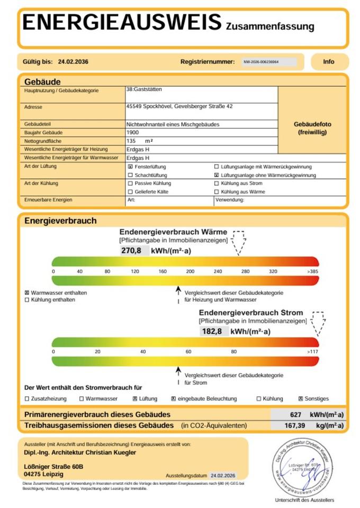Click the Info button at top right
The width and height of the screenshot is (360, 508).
pyautogui.click(x=329, y=62)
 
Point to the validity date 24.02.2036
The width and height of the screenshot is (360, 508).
pyautogui.click(x=73, y=62)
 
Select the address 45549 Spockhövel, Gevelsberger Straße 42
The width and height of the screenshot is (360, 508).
pyautogui.click(x=179, y=106)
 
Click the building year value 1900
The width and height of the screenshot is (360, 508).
pyautogui.click(x=133, y=132)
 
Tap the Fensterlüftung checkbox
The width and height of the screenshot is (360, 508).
pyautogui.click(x=130, y=166)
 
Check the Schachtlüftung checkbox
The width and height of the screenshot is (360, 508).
pyautogui.click(x=130, y=175)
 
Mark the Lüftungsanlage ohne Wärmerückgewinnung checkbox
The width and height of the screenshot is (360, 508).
pyautogui.click(x=216, y=175)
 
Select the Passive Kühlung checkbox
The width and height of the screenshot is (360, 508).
pyautogui.click(x=130, y=183)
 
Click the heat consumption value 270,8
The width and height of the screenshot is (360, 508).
pyautogui.click(x=132, y=251)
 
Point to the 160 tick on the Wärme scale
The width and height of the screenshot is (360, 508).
pyautogui.click(x=163, y=271)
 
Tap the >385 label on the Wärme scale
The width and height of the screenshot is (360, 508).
pyautogui.click(x=313, y=271)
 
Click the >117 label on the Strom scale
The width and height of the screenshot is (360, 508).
pyautogui.click(x=313, y=352)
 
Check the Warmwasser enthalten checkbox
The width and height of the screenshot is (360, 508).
pyautogui.click(x=27, y=293)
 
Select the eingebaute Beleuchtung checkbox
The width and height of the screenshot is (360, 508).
pyautogui.click(x=173, y=398)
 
